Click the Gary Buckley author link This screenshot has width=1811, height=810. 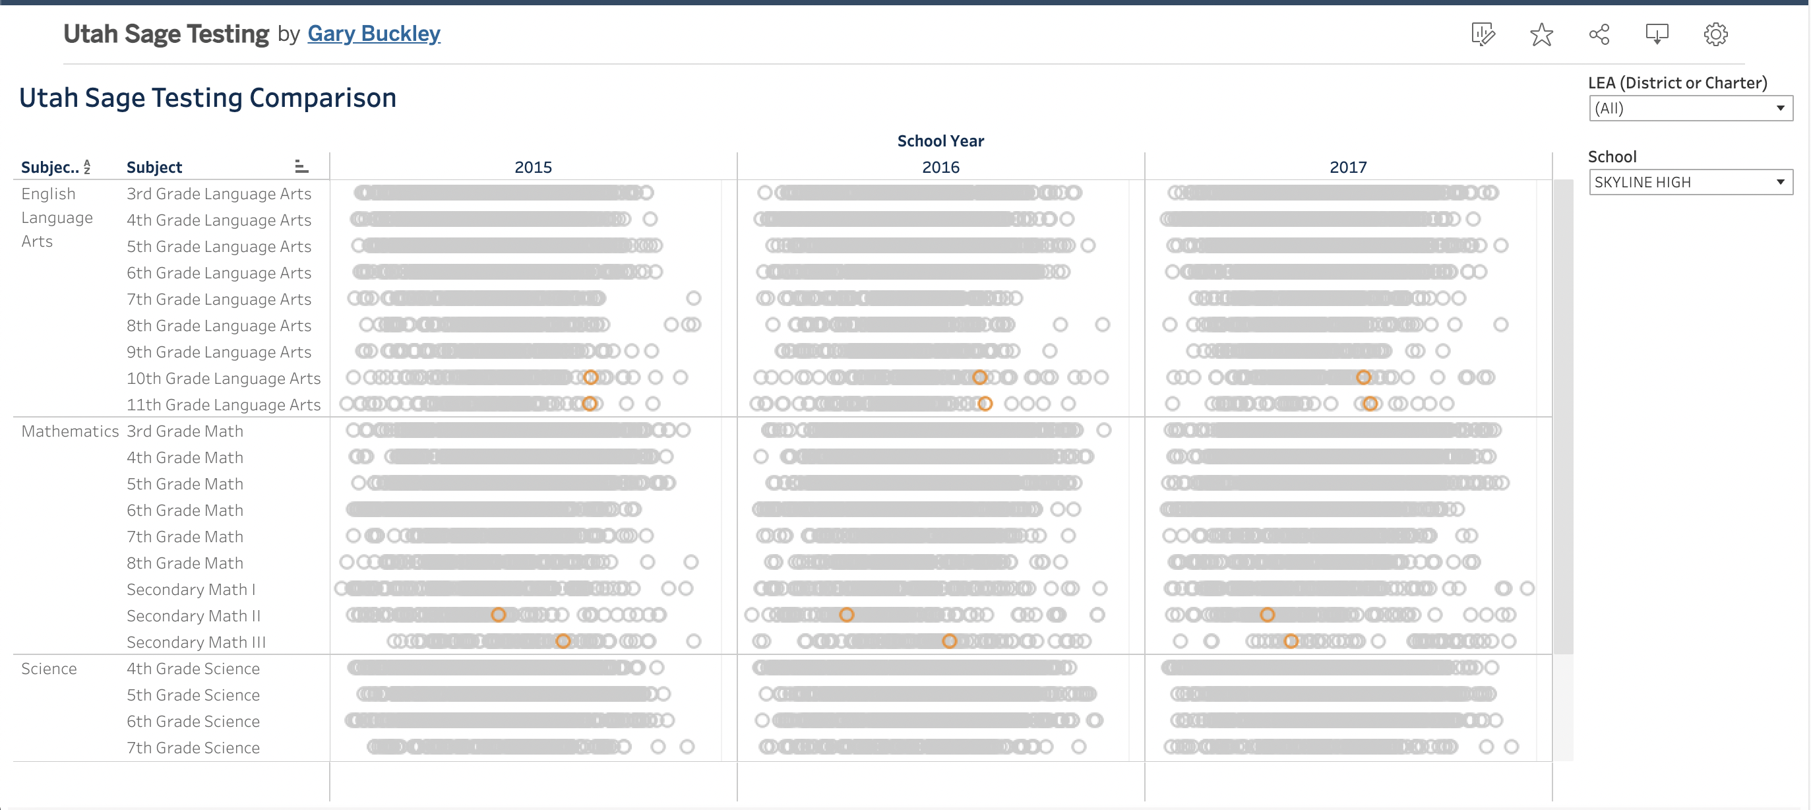(x=373, y=33)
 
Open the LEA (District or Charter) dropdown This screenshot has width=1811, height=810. (x=1690, y=108)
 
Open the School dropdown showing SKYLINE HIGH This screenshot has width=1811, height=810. (x=1690, y=182)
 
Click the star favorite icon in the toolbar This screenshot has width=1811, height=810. (x=1541, y=34)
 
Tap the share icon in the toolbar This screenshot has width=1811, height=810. (x=1599, y=34)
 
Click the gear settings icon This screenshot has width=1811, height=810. (x=1715, y=34)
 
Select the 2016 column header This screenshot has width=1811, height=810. (x=940, y=168)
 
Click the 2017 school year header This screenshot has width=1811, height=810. (x=1348, y=168)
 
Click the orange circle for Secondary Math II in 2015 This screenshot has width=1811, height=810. (x=498, y=615)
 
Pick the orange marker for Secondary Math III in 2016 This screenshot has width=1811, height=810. (x=949, y=641)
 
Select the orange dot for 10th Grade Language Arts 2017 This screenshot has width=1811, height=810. (x=1363, y=377)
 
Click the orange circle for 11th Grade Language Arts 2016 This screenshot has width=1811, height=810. (x=985, y=404)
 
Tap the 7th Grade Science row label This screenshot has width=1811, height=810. (x=193, y=747)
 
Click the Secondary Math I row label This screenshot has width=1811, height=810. (x=191, y=589)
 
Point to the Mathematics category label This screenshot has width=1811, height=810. (x=70, y=431)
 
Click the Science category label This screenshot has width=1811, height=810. (x=49, y=669)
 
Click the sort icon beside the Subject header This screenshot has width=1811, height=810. (x=301, y=167)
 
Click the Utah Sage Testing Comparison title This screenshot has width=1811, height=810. (x=207, y=98)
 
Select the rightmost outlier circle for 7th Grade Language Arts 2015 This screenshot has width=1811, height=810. (x=693, y=298)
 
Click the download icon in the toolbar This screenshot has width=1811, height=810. (x=1657, y=34)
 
